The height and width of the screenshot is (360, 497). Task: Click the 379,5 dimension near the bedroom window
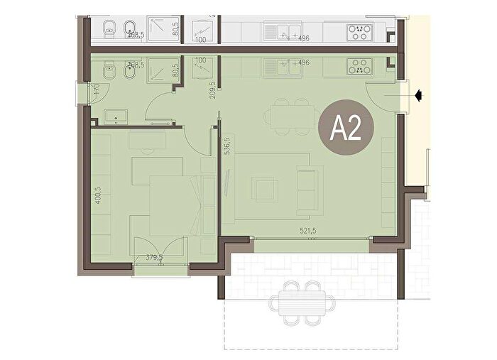coord(154,258)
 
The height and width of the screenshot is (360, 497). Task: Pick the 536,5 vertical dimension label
coord(226,146)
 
